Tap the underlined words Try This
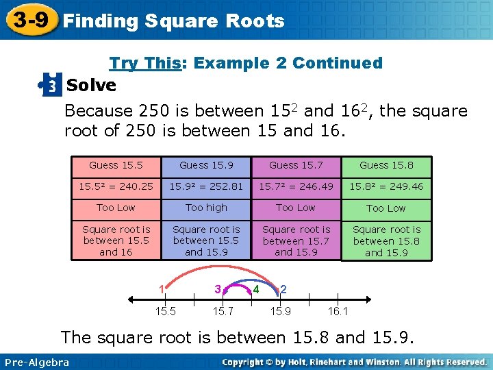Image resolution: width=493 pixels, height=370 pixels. pos(144,63)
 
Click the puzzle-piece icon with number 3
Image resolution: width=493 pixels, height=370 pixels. pos(51,86)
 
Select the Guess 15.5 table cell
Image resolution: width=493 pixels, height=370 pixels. pos(116,165)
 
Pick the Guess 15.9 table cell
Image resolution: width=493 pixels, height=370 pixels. pos(206,165)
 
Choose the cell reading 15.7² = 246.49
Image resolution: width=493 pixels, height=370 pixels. pos(296,186)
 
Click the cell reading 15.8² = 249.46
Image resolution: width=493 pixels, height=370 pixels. pos(386,186)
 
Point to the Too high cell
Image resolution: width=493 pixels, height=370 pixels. pos(206,207)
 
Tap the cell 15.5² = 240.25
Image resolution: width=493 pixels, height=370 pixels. pos(116,186)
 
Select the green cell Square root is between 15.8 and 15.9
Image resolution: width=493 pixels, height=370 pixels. pos(386,241)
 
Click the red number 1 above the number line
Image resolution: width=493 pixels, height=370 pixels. pos(162,288)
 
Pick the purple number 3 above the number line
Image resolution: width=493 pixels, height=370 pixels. pos(217,289)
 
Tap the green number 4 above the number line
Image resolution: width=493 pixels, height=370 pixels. pos(256,289)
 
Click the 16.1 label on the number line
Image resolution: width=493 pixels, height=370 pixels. pos(338,312)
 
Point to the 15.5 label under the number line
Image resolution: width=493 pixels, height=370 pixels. pos(164,312)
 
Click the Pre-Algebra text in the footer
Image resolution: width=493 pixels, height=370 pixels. pos(36,362)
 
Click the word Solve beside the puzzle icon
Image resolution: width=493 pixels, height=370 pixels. pos(92,86)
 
